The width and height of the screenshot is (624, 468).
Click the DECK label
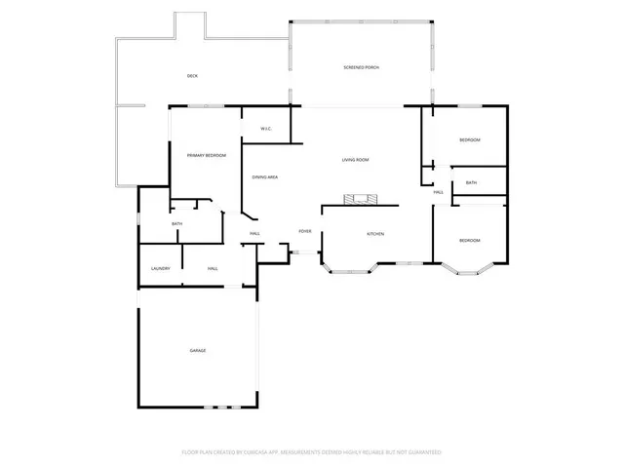(x=193, y=75)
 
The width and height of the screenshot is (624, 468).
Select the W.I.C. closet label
(x=265, y=130)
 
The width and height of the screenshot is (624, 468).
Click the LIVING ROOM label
(x=355, y=160)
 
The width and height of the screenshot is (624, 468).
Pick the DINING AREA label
(x=265, y=177)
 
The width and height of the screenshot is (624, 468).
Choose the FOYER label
(x=305, y=231)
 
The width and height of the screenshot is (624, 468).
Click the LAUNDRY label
(x=161, y=269)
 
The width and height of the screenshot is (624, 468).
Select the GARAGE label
(x=198, y=350)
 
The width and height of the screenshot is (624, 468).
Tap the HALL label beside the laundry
(x=213, y=269)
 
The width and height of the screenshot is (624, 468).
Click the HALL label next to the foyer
(x=254, y=234)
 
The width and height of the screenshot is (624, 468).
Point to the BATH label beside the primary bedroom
(x=176, y=224)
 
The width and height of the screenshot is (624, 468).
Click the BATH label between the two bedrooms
(x=471, y=183)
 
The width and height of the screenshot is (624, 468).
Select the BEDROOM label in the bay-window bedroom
(x=470, y=241)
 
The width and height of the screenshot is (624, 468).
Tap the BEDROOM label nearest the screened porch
(x=470, y=140)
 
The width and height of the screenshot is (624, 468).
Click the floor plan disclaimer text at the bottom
(x=312, y=452)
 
